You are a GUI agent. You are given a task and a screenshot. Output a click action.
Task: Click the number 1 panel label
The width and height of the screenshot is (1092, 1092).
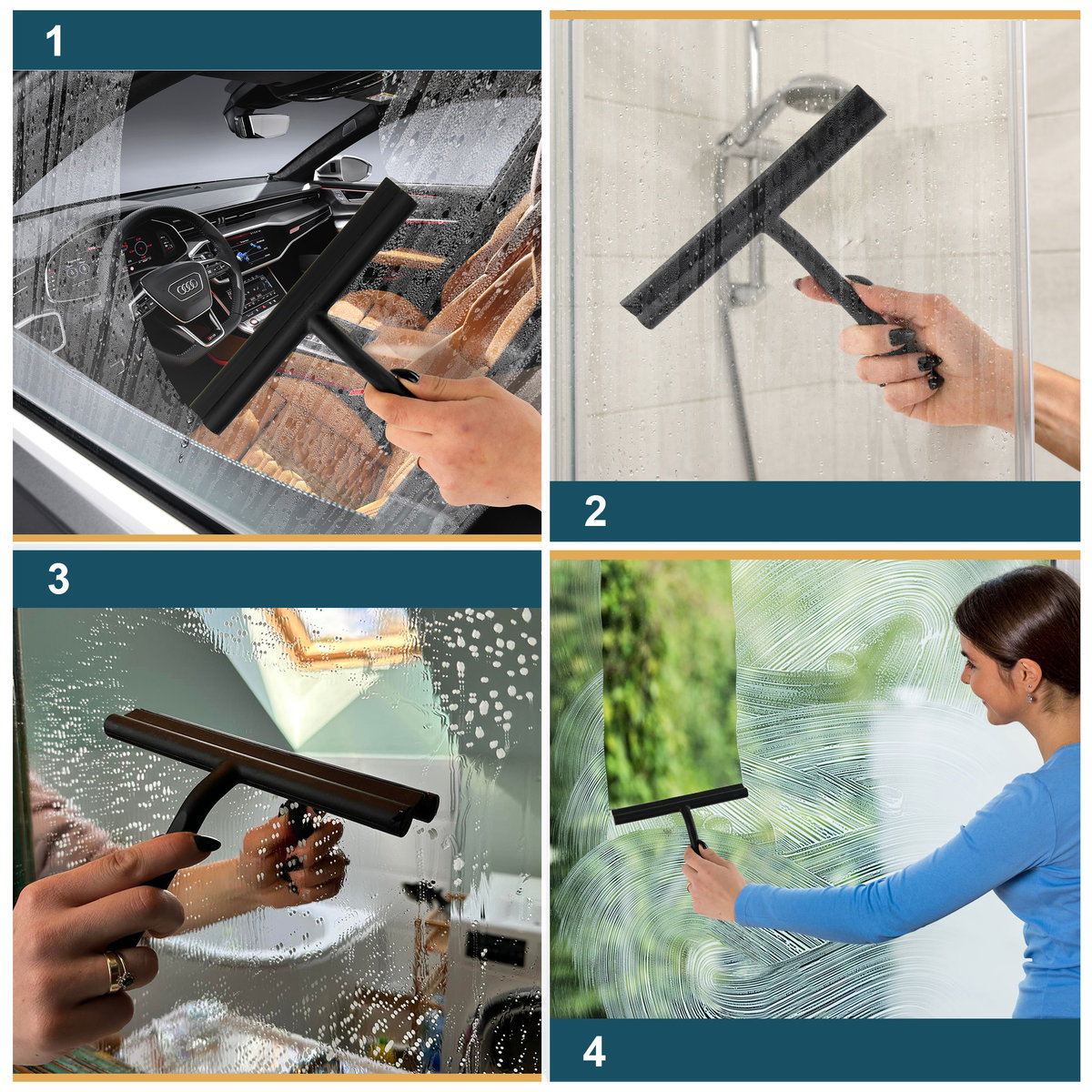[x=54, y=41]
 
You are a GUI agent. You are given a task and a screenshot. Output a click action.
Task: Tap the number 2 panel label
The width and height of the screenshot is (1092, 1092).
[x=595, y=511]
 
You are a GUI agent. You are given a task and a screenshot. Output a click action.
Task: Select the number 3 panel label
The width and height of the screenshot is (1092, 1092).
[x=59, y=579]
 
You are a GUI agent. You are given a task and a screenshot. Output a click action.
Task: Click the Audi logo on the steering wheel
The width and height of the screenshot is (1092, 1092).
[x=187, y=289]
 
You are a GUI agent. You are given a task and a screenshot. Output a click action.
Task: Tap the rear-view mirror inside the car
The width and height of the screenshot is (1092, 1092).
[x=262, y=124]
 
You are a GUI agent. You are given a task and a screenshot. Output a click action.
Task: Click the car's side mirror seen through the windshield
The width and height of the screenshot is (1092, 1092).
[x=343, y=169]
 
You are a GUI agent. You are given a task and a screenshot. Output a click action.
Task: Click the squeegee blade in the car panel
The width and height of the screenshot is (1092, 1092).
[x=303, y=306]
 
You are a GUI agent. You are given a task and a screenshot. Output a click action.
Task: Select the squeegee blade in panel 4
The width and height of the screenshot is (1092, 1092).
[x=680, y=804]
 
